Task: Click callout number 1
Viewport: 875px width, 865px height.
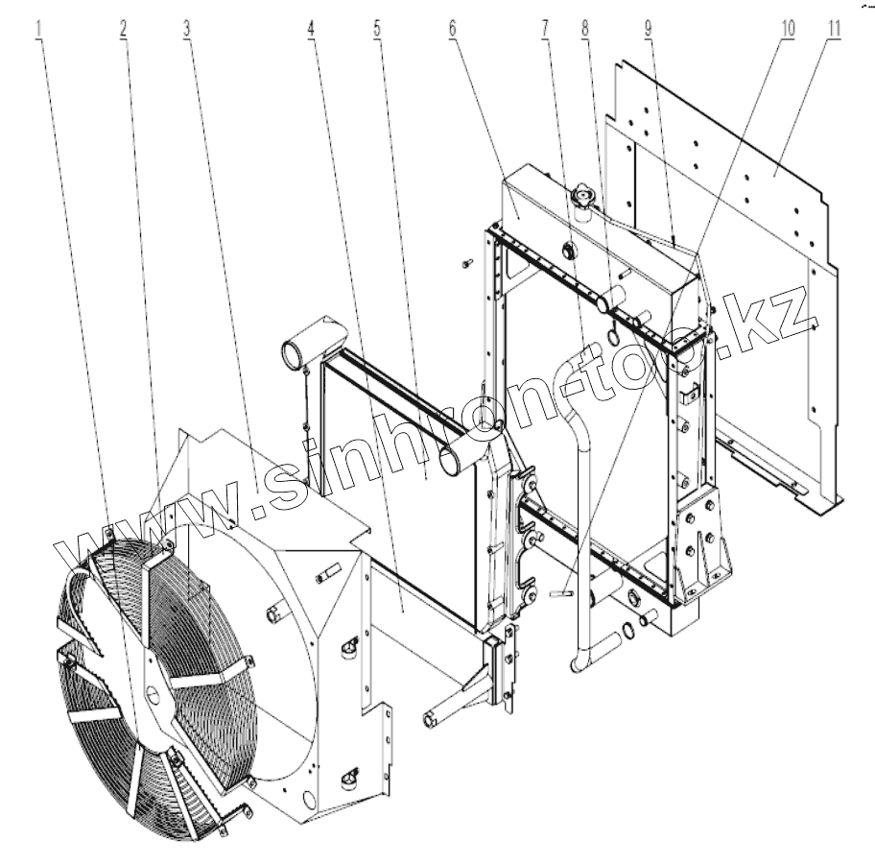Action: click(38, 29)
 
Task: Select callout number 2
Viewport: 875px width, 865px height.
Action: click(123, 29)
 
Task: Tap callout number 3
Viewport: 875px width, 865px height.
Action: click(187, 29)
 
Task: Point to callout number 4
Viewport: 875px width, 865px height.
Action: click(311, 29)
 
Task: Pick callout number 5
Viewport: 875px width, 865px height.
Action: click(377, 29)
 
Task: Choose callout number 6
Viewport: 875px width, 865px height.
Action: click(452, 29)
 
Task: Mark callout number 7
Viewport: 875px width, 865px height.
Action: click(545, 29)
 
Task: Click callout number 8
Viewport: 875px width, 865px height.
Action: click(585, 29)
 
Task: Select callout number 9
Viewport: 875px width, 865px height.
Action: click(648, 29)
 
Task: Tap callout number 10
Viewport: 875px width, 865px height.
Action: click(788, 29)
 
